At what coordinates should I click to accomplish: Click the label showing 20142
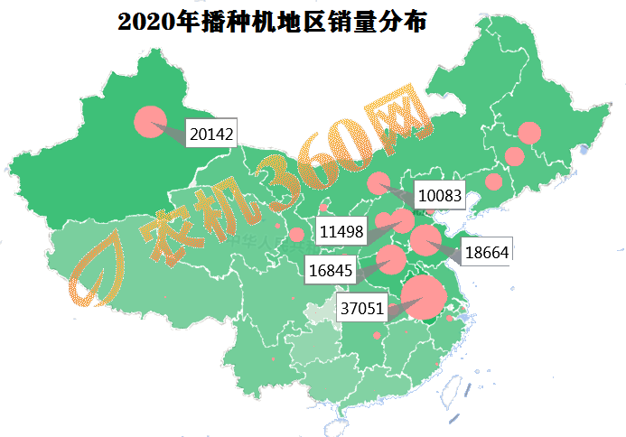[x=212, y=135]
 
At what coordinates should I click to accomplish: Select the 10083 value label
[x=440, y=195]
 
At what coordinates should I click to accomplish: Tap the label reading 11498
[x=341, y=232]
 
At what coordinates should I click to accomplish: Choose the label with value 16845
[x=329, y=268]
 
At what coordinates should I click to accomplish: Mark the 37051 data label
[x=363, y=308]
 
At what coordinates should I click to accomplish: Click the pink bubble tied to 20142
[x=150, y=122]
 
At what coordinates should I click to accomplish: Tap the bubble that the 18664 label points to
[x=425, y=239]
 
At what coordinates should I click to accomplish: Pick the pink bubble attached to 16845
[x=391, y=259]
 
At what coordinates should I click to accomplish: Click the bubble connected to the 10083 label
[x=378, y=183]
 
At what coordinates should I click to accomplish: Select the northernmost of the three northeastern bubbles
[x=529, y=134]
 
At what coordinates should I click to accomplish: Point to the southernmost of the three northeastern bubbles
[x=493, y=181]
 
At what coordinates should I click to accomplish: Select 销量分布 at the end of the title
[x=380, y=23]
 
